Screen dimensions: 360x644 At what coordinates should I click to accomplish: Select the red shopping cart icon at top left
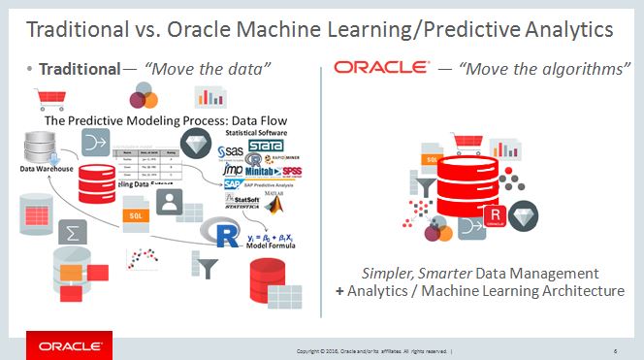coord(43,98)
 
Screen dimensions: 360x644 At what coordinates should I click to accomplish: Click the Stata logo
coord(264,148)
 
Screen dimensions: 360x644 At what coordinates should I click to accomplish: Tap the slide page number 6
coord(616,349)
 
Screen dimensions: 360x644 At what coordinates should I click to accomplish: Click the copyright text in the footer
coord(373,349)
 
